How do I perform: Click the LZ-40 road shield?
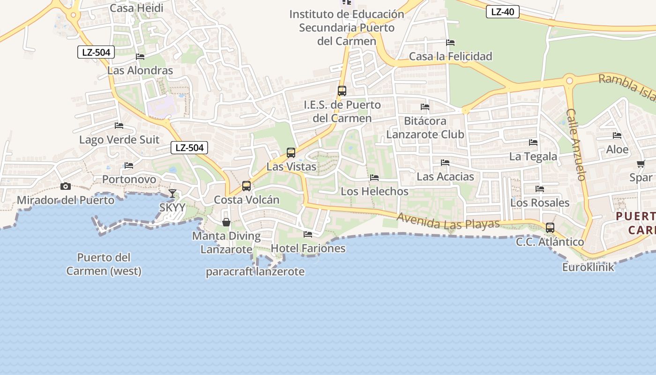(503, 12)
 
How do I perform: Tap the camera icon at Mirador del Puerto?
(66, 187)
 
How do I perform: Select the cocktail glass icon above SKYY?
(172, 193)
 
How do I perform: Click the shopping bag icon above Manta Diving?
(226, 222)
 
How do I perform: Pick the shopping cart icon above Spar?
(641, 164)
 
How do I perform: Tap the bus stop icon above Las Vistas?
(291, 152)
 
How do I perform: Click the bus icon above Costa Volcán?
(246, 186)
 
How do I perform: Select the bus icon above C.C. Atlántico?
(550, 228)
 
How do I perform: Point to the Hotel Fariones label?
(308, 248)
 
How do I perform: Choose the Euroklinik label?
(588, 268)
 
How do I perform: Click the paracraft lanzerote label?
(255, 272)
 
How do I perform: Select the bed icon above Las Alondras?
(140, 57)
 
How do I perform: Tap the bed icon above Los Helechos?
(374, 178)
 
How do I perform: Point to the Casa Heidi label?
(136, 8)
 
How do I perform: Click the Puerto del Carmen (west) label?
(104, 264)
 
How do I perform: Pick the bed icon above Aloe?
(617, 135)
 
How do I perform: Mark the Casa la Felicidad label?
(451, 57)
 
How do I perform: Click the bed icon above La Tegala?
(533, 142)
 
